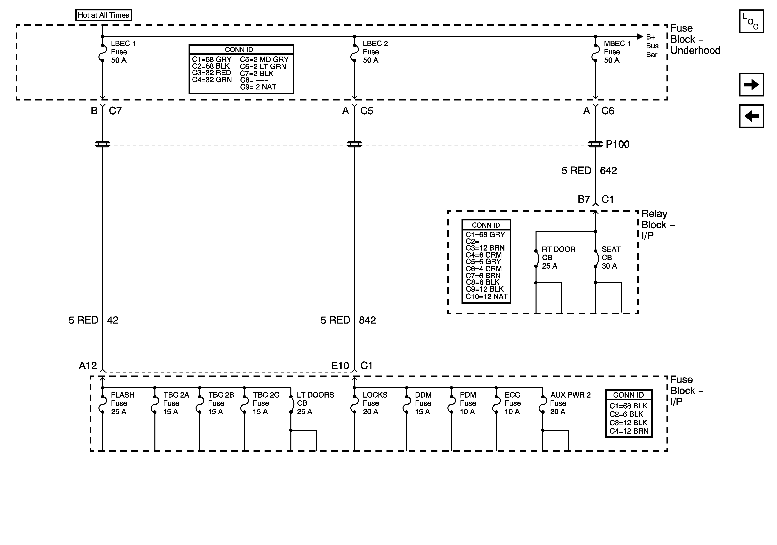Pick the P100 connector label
617,145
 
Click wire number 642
608,171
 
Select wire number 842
367,320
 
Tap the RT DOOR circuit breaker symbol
536,259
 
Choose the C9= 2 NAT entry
258,87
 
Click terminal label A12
88,366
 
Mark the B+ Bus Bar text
652,46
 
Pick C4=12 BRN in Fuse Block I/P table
628,431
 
